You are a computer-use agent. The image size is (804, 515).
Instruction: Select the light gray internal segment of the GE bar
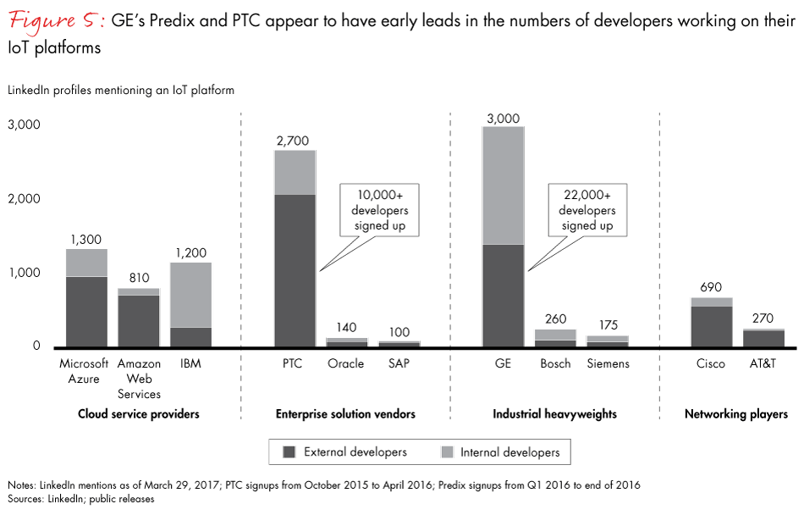tap(503, 185)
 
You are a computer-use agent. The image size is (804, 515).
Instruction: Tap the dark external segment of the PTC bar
tap(295, 270)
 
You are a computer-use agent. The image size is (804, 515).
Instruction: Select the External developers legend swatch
tap(289, 452)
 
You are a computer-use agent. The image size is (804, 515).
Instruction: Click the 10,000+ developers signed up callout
tap(380, 209)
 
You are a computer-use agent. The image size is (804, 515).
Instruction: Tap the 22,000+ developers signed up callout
tap(587, 209)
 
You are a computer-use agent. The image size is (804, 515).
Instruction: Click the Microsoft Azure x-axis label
tap(85, 371)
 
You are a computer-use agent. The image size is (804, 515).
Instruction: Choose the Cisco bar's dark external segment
tap(711, 326)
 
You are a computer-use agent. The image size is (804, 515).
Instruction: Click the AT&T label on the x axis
tap(763, 363)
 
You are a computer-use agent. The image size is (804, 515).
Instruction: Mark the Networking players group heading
tap(735, 414)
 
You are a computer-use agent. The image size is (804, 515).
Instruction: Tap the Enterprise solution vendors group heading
tap(345, 414)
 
